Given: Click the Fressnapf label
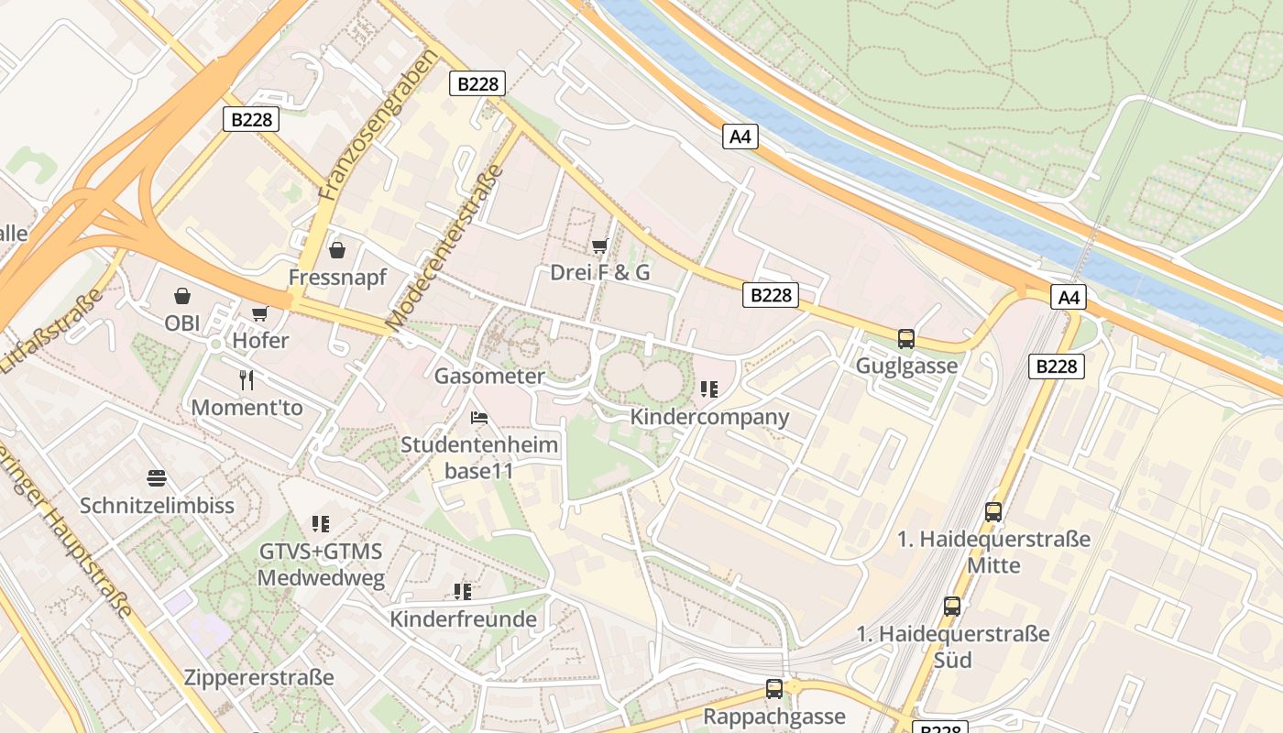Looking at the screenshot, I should (x=337, y=277).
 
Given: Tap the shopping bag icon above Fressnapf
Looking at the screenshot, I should (x=337, y=250).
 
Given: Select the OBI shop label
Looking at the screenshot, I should (x=181, y=323).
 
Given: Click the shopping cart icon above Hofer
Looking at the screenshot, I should (x=260, y=314).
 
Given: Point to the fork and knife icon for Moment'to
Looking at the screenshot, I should (x=246, y=379).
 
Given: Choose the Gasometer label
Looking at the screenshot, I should (x=489, y=376).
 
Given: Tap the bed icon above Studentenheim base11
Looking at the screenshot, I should (x=478, y=418).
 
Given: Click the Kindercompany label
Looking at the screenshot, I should (x=709, y=417).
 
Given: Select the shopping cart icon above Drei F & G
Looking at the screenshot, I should (x=600, y=246).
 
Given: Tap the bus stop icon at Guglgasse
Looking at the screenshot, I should (x=906, y=339).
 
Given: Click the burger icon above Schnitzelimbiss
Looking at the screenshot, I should (x=157, y=478).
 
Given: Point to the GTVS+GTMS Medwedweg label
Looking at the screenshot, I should (x=320, y=565).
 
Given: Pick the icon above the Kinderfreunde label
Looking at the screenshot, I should (x=463, y=592).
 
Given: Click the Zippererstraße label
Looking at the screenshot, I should (x=259, y=678).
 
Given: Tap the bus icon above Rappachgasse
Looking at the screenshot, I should (x=774, y=688).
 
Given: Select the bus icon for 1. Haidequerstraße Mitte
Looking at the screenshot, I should (x=993, y=512).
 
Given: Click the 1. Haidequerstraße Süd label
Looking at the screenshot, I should (x=953, y=646).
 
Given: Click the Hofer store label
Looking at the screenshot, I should (x=260, y=341).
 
